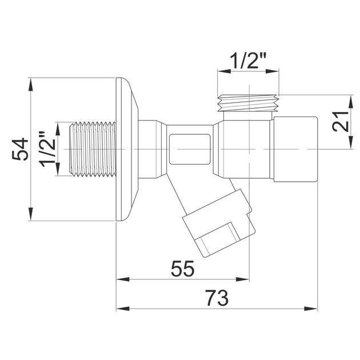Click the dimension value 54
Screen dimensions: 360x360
[20, 149]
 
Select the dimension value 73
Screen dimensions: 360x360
[217, 298]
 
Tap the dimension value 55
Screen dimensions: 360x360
[183, 269]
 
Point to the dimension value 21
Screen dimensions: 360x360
[341, 122]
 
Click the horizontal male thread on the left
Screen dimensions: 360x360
[93, 149]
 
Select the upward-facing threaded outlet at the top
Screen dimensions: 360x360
[248, 103]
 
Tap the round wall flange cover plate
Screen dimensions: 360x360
[127, 149]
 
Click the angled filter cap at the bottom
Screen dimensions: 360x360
[218, 223]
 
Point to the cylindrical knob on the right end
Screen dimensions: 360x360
[296, 149]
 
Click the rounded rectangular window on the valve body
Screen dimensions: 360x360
[190, 149]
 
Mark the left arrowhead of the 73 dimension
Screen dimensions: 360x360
[123, 309]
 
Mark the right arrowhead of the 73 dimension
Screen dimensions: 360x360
[311, 309]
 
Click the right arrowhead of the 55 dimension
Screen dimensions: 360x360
[243, 279]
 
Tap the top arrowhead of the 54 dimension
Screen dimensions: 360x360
[30, 85]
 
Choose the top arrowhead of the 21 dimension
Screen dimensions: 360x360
[351, 102]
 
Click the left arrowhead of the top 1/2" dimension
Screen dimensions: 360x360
[224, 71]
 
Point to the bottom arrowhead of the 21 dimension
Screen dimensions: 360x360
[351, 143]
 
